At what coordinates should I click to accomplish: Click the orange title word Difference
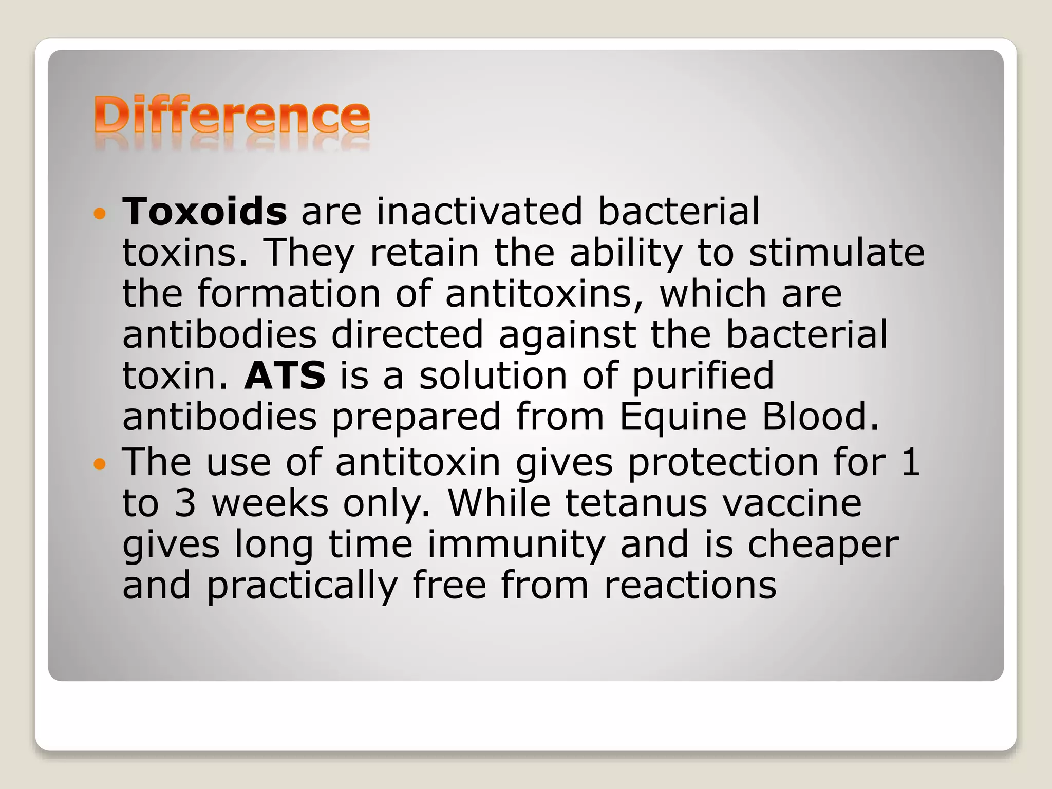coord(232,116)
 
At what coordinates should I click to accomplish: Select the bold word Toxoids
coord(204,211)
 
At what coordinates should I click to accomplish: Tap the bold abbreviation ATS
coord(285,375)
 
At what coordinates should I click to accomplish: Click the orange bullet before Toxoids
coord(100,213)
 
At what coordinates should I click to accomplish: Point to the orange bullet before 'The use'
coord(100,465)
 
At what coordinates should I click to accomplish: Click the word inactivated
coord(479,211)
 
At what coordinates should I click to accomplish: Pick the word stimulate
coord(837,253)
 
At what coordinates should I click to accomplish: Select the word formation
coord(289,293)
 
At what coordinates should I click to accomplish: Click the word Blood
coord(820,417)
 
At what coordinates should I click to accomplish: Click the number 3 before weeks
coord(185,503)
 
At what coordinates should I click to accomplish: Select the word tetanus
coord(636,503)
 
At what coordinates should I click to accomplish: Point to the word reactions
coord(690,586)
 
